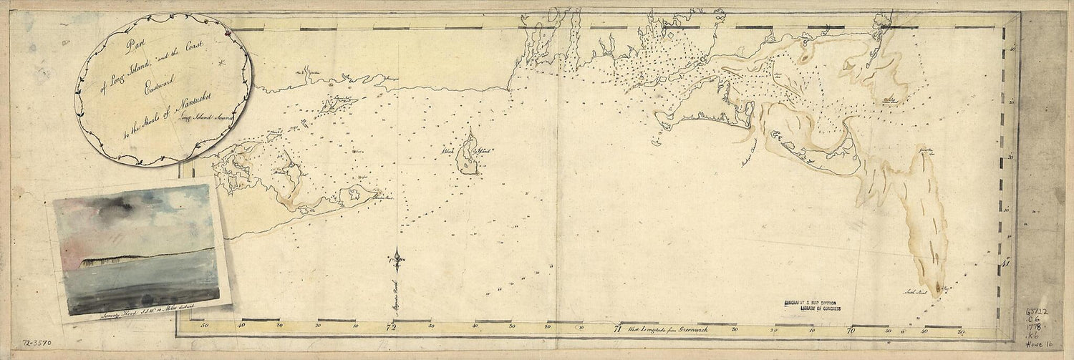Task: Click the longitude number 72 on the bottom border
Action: pos(392,329)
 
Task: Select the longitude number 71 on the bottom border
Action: pos(617,330)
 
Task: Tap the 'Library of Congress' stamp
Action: pos(808,307)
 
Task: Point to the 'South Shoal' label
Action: pos(909,292)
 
